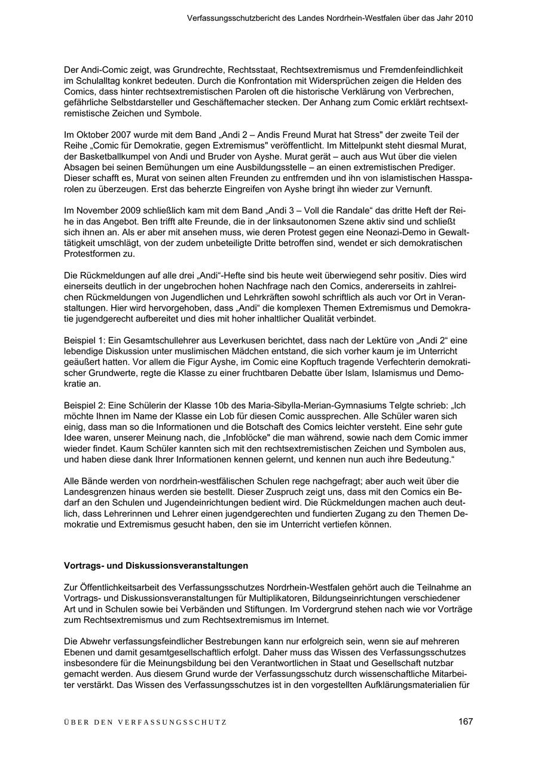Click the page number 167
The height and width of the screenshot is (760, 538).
click(x=466, y=721)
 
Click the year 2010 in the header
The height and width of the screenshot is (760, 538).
click(x=463, y=18)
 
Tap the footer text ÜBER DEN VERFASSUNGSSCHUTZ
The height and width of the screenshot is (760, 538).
click(x=145, y=722)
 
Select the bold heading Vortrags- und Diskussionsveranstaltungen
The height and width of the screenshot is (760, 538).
click(x=156, y=565)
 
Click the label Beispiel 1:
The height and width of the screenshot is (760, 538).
click(x=84, y=341)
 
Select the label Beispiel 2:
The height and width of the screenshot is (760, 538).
click(x=84, y=405)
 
